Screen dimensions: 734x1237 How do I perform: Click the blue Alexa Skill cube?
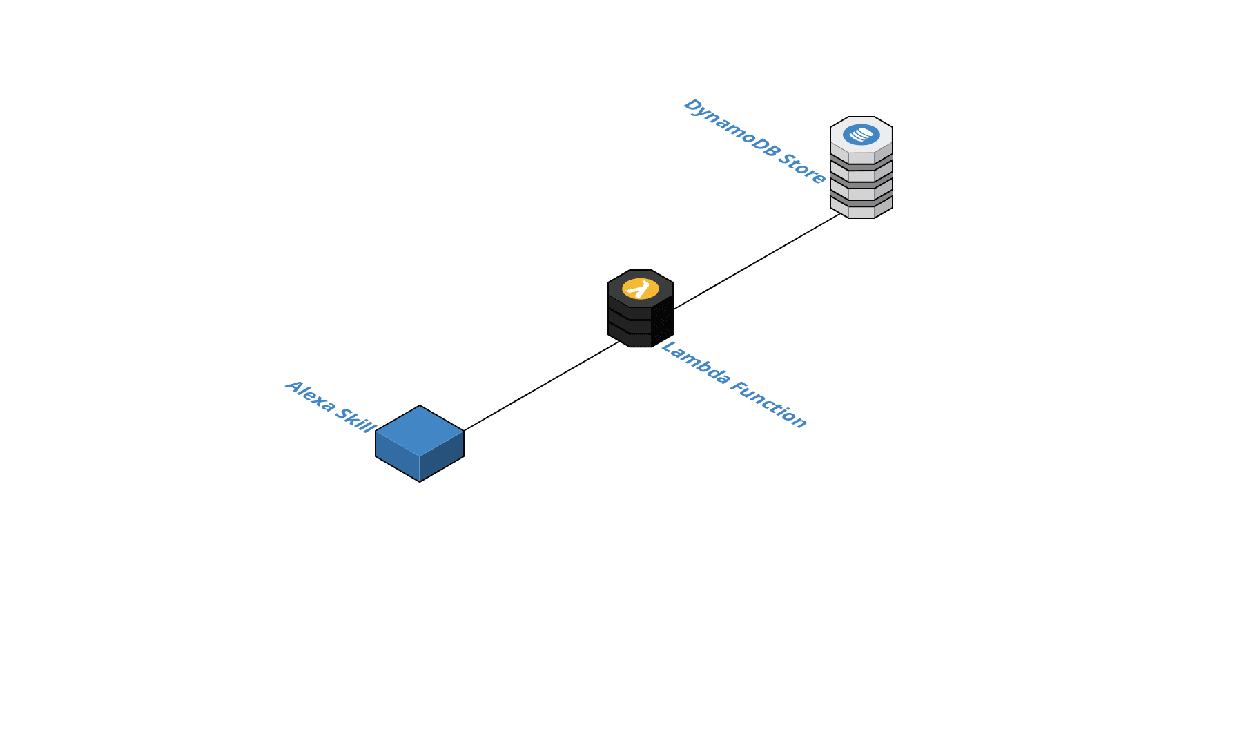[x=420, y=443]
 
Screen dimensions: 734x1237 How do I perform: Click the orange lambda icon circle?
[x=641, y=289]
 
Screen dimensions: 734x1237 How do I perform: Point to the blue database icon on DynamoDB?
[x=861, y=135]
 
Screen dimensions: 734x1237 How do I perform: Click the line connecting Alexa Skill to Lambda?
[x=542, y=385]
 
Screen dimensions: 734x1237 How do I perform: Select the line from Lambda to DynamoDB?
[x=756, y=263]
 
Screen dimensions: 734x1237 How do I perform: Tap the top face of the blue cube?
[x=420, y=430]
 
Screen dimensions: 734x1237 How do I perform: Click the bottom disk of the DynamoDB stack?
[x=861, y=211]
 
